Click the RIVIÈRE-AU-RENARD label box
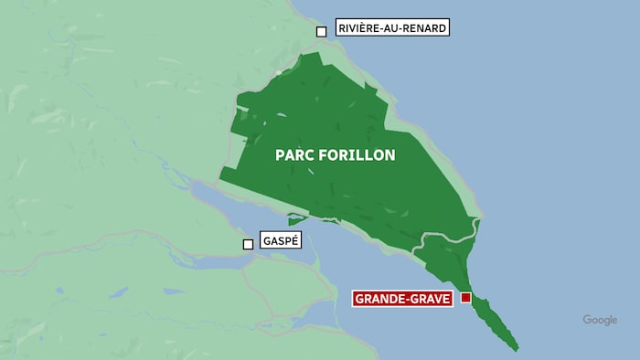coord(392,28)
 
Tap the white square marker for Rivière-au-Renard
coord(321,32)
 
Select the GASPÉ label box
coord(281,240)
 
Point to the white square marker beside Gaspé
coord(248,244)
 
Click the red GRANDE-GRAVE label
coord(402,299)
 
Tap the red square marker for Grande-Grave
coord(465,298)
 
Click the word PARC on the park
coord(294,155)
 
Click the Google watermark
coord(600,320)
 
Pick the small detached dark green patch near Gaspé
coord(296,219)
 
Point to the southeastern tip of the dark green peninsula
coord(517,348)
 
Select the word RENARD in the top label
coord(425,28)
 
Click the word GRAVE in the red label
coord(429,299)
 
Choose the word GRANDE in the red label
coord(380,299)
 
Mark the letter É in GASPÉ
coord(295,240)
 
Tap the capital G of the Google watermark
coord(587,320)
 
